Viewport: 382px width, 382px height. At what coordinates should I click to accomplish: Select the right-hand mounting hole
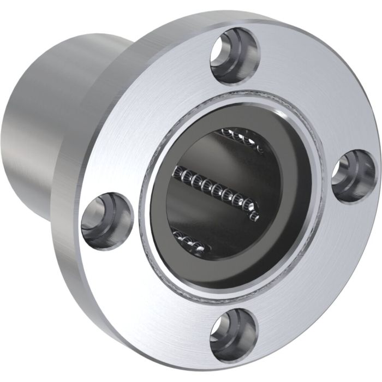354,176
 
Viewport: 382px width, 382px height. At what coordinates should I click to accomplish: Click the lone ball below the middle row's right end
254,218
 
